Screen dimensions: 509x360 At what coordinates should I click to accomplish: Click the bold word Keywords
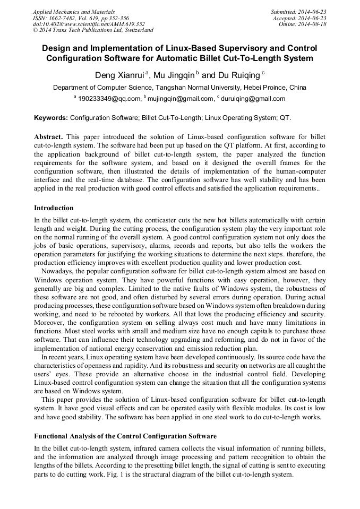tap(50, 118)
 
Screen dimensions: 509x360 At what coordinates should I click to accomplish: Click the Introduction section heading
tap(54, 208)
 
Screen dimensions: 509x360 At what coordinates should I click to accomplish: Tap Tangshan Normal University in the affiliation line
tap(191, 88)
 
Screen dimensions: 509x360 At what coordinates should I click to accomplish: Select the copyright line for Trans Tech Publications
tap(93, 30)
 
